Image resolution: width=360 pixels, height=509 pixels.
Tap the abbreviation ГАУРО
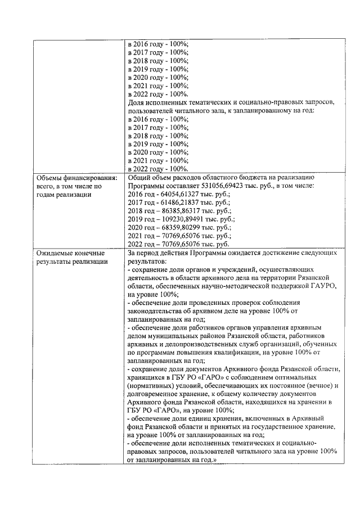pyautogui.click(x=321, y=286)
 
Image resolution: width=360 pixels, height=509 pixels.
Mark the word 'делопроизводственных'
pyautogui.click(x=204, y=344)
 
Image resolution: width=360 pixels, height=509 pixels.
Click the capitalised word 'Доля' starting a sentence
pyautogui.click(x=137, y=103)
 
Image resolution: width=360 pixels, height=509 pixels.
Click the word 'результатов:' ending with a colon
pyautogui.click(x=147, y=262)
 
